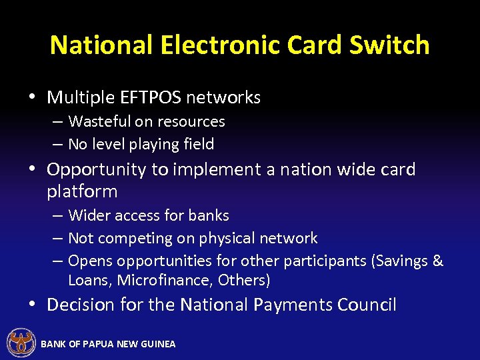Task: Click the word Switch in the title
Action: click(393, 45)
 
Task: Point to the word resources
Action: click(191, 121)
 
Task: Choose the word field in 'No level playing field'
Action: click(199, 144)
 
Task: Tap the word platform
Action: click(82, 191)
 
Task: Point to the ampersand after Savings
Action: click(438, 261)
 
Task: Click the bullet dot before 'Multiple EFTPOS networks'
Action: click(32, 97)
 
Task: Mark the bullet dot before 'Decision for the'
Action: click(32, 305)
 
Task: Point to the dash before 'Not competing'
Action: click(58, 238)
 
